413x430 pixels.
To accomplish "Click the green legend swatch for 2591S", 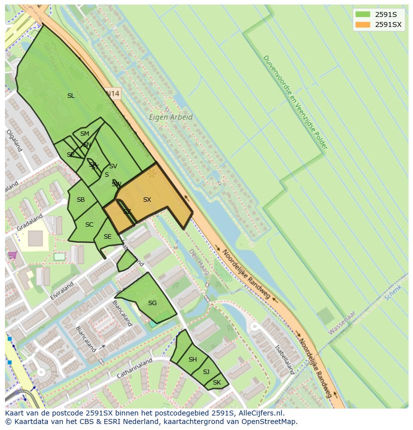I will click(x=363, y=14).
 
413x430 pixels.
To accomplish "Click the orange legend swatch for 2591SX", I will click(x=363, y=24).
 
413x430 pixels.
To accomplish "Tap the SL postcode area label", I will click(x=71, y=95).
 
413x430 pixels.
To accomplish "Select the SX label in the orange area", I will click(x=147, y=200).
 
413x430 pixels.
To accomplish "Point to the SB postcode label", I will click(x=81, y=200).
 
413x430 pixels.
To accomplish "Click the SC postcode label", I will click(x=89, y=225).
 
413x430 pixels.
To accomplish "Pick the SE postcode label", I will click(x=107, y=237).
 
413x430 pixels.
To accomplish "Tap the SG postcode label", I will click(x=152, y=303).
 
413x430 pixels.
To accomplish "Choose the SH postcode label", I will click(x=193, y=360).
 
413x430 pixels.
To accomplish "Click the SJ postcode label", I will click(x=206, y=372).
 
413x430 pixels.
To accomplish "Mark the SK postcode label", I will click(x=216, y=383).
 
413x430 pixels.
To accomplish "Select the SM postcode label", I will click(x=85, y=134).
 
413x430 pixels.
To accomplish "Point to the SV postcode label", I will click(x=113, y=166).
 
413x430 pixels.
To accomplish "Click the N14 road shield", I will click(x=113, y=93).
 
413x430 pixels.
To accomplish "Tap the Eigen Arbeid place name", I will click(x=171, y=117).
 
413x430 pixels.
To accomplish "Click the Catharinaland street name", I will click(x=134, y=369).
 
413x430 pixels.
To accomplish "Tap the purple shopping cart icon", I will click(x=12, y=255).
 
